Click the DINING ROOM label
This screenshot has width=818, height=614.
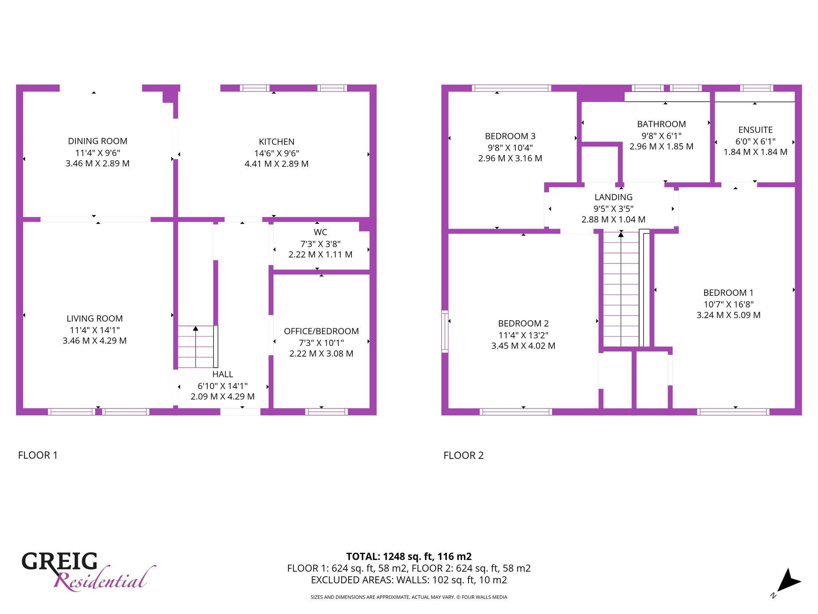coord(97,141)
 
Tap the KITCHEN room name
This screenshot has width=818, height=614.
coord(276,142)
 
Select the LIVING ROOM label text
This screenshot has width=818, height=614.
coord(95,319)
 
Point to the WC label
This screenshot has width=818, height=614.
coord(320,232)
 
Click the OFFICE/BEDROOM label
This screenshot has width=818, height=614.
coord(321,331)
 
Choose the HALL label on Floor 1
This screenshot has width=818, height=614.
coord(222,374)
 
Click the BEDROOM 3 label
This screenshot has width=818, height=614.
coord(510,136)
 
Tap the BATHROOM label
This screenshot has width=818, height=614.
coord(661,124)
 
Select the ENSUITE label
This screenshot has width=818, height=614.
coord(755,130)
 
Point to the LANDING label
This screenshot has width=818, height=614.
coord(613,197)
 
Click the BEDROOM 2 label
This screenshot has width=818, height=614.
coord(523,323)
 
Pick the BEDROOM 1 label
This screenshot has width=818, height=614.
coord(728,293)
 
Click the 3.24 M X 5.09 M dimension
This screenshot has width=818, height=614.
coord(729,315)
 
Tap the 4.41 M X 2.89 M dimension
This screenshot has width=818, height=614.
coord(276,164)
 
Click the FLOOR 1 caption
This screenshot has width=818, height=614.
coord(38,455)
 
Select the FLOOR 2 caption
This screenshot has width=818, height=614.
coord(463,455)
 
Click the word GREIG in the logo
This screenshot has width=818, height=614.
coord(60,561)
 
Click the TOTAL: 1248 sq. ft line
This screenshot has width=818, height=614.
coord(409,556)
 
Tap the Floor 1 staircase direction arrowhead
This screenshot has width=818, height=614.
coord(196,329)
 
